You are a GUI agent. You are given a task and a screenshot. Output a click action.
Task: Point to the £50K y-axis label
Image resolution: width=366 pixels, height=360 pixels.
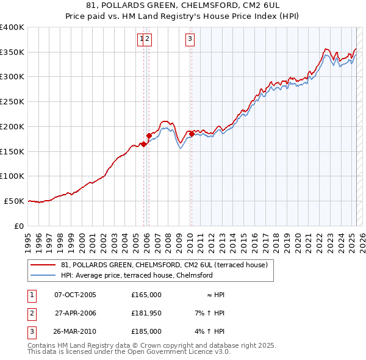pyautogui.click(x=14, y=201)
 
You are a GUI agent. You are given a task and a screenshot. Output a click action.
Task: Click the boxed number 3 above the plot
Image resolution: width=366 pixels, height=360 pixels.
pyautogui.click(x=190, y=40)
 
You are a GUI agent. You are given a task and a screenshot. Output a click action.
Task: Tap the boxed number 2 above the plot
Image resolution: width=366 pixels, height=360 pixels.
pyautogui.click(x=148, y=40)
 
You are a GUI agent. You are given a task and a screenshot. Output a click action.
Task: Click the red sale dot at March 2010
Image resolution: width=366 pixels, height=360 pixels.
pyautogui.click(x=192, y=133)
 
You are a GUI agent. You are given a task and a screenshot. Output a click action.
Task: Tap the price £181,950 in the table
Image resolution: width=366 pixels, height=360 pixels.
pyautogui.click(x=146, y=313)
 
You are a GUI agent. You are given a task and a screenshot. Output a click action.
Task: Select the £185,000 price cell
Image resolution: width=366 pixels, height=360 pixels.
pyautogui.click(x=146, y=331)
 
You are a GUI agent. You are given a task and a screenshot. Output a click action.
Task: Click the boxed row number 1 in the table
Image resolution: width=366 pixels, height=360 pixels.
pyautogui.click(x=30, y=295)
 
